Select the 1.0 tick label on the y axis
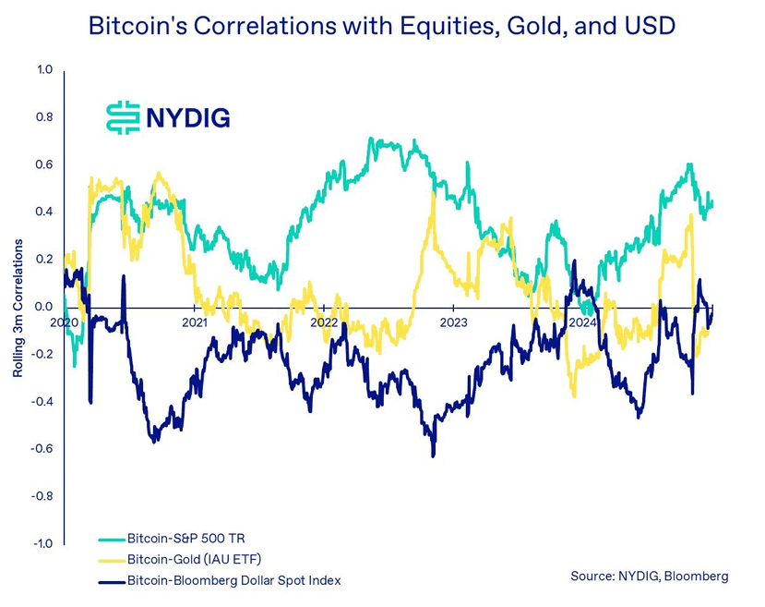tap(45, 70)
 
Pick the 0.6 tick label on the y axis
tap(45, 165)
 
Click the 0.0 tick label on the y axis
tap(45, 307)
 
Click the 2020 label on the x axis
tap(65, 323)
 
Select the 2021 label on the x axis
tap(194, 323)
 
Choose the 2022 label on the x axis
tap(324, 323)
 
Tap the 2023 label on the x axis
tap(453, 323)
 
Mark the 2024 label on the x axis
tap(583, 323)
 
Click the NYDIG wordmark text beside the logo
tap(188, 117)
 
